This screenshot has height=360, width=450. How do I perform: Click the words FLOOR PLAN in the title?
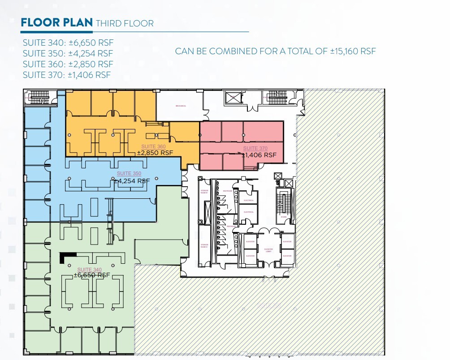click(x=57, y=23)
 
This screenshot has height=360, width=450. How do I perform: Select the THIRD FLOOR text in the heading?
click(x=125, y=23)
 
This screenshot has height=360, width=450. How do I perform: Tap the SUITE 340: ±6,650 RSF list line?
click(x=68, y=43)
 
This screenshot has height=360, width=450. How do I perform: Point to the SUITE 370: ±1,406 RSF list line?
click(x=67, y=75)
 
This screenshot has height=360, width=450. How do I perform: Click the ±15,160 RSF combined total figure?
click(x=353, y=51)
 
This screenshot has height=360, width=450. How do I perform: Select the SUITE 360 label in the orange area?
click(x=154, y=147)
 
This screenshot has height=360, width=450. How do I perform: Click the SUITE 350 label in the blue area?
click(x=130, y=173)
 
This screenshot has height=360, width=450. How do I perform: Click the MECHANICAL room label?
click(x=181, y=106)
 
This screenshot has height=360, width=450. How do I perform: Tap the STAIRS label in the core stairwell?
click(x=283, y=216)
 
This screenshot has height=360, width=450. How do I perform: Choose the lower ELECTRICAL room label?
click(x=249, y=212)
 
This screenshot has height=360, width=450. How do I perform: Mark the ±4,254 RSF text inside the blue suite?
click(x=131, y=181)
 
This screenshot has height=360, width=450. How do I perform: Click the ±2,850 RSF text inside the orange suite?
click(x=155, y=153)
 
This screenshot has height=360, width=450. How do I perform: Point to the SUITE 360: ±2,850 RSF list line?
click(x=68, y=64)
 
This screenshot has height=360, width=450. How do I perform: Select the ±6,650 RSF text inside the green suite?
click(x=92, y=275)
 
